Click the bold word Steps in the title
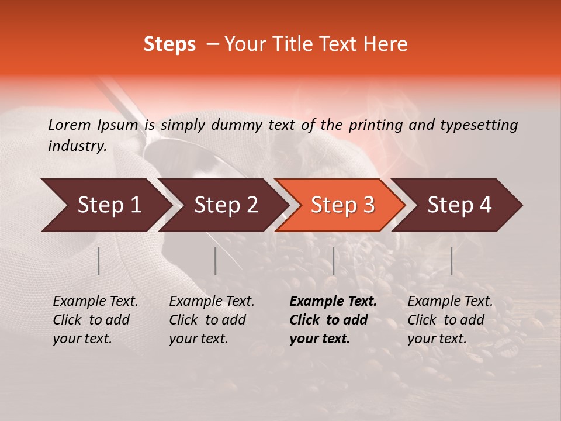pos(169,45)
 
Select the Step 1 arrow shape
pos(105,205)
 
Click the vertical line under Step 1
pos(98,261)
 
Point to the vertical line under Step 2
pos(216,261)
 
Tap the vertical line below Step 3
pos(333,261)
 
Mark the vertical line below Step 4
pos(451,261)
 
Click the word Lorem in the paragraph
pos(70,125)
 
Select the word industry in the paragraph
pos(77,146)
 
